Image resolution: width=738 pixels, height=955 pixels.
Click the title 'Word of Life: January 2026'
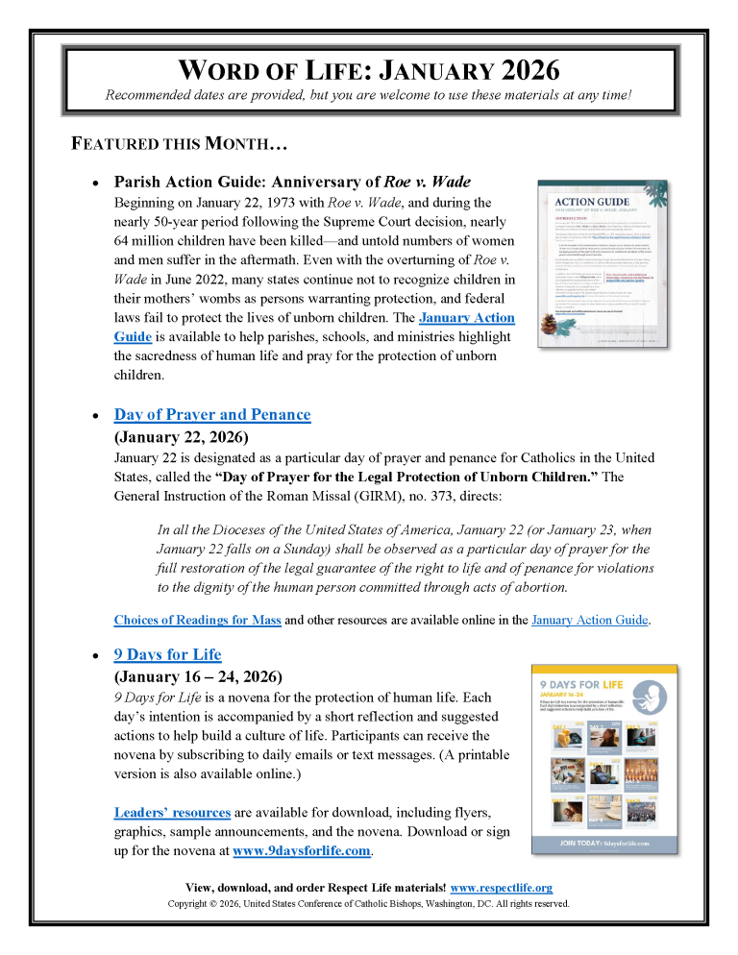369,70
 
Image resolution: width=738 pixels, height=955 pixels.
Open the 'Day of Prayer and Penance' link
212,415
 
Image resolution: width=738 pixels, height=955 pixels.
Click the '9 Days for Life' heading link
167,654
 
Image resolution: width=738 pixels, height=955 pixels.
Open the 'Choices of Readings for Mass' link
197,620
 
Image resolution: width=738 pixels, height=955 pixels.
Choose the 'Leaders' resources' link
172,812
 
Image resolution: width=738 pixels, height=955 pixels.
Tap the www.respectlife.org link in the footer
501,888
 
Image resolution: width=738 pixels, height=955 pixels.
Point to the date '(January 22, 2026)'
181,436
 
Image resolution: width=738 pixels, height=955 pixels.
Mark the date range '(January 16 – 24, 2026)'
198,675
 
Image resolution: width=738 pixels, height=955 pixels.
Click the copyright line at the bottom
369,903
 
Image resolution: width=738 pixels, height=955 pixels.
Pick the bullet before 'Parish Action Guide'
94,183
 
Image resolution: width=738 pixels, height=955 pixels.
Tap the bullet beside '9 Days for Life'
94,656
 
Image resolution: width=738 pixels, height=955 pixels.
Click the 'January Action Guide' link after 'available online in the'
589,620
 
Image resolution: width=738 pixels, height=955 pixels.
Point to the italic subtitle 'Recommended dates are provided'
369,95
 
